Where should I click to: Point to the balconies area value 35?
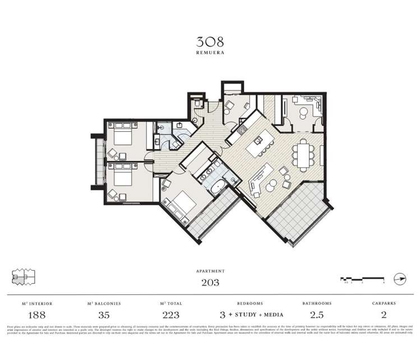coord(104,315)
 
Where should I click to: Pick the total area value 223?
coord(171,315)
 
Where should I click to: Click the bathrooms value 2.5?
coord(317,315)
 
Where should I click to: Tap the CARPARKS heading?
coord(384,303)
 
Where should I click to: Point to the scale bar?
coord(362,278)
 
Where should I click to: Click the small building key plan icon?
coord(24,277)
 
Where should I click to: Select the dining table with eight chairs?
coord(303,154)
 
